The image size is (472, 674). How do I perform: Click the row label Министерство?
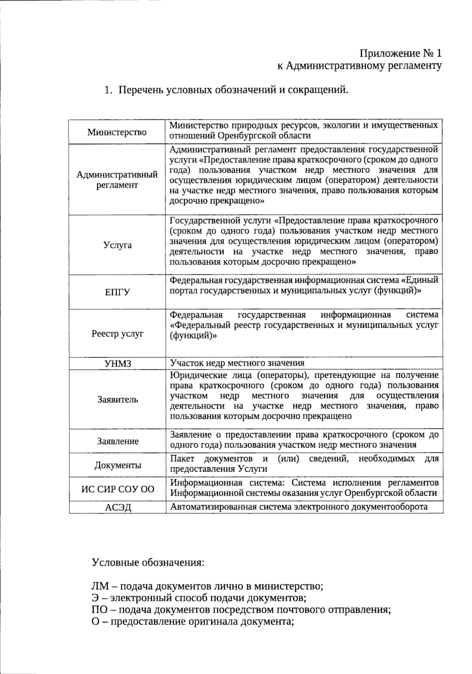(x=117, y=132)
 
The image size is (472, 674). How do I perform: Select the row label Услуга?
(x=117, y=245)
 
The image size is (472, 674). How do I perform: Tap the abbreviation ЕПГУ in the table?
(x=117, y=292)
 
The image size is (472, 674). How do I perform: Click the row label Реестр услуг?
(x=118, y=334)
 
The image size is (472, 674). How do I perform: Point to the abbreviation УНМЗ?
(x=118, y=364)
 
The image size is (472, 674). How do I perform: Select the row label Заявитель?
(x=118, y=400)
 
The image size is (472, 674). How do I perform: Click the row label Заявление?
(x=118, y=441)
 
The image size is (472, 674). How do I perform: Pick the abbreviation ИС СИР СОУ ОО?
(x=118, y=490)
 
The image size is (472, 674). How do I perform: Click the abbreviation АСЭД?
(x=118, y=507)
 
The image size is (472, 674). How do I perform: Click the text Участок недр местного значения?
(x=237, y=363)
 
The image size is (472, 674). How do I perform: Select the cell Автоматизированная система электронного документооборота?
(x=299, y=507)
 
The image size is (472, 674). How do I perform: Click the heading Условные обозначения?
(x=148, y=562)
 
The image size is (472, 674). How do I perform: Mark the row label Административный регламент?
(x=117, y=180)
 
